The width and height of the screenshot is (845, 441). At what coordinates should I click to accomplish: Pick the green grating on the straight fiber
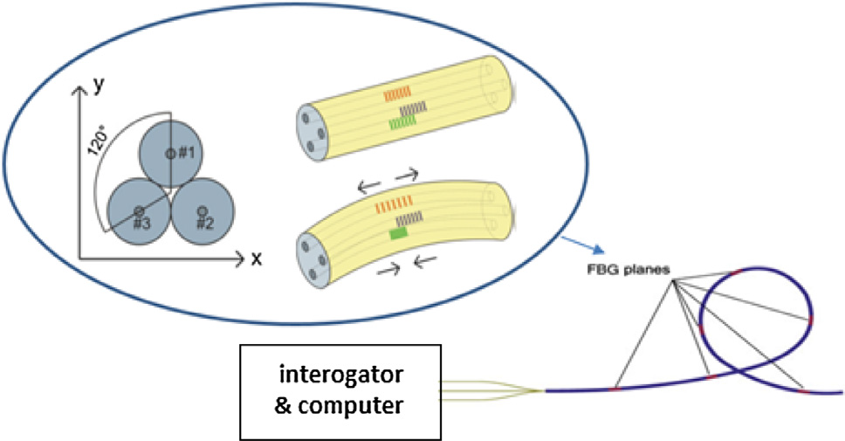(x=402, y=124)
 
